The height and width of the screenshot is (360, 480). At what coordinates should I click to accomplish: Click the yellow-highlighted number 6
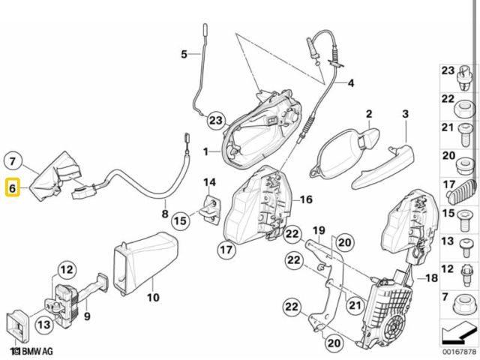click(x=13, y=187)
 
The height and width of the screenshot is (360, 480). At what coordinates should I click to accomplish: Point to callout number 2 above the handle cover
click(x=369, y=114)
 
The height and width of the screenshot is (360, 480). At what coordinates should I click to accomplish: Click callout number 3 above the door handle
click(x=405, y=114)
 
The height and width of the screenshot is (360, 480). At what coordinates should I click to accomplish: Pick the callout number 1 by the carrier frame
click(x=205, y=152)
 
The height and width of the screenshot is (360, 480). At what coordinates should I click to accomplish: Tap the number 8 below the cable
click(x=166, y=213)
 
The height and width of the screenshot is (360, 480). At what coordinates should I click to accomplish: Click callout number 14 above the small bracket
click(x=209, y=182)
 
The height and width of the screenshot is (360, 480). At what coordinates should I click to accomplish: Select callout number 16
click(x=305, y=199)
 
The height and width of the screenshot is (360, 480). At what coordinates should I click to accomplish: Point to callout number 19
click(x=317, y=229)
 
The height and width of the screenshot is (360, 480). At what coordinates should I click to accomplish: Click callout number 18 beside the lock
click(x=431, y=278)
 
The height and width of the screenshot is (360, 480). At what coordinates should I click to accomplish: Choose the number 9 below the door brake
click(x=88, y=316)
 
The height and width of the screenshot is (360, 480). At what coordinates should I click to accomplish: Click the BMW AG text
click(x=32, y=350)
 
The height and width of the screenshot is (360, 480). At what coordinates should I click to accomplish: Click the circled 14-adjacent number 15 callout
click(x=180, y=221)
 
